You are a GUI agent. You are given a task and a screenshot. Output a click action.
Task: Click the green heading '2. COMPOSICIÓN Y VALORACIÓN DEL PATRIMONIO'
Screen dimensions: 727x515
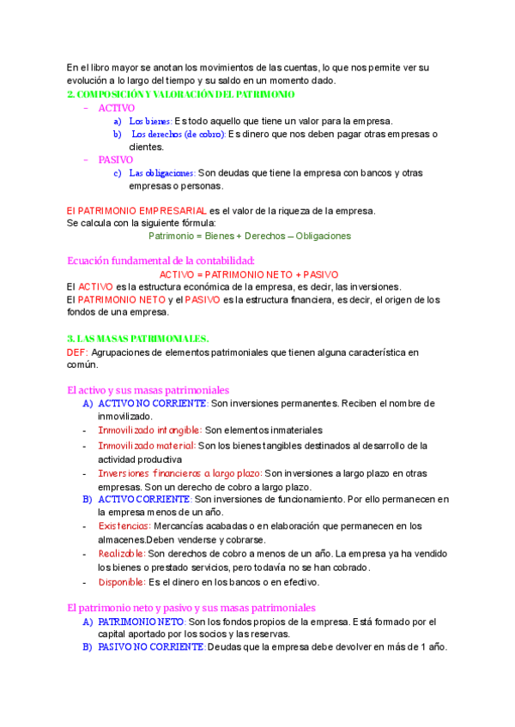tap(180, 94)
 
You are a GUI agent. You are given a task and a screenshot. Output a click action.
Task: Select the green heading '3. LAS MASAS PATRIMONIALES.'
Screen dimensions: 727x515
tap(137, 339)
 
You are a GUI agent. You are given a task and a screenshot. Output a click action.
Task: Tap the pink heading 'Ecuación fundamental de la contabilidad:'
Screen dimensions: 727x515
tap(161, 261)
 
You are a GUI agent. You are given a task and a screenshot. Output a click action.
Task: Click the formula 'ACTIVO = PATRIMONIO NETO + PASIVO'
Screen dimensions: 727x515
tap(249, 273)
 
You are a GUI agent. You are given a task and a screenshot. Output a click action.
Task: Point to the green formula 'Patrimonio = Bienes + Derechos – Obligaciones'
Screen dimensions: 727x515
tap(249, 236)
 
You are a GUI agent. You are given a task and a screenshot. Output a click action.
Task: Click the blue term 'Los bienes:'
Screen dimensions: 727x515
tap(150, 121)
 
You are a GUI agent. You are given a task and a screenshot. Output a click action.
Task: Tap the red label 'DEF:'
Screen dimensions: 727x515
tap(76, 351)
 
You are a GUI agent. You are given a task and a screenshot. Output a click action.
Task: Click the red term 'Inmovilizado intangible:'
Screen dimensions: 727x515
tap(150, 430)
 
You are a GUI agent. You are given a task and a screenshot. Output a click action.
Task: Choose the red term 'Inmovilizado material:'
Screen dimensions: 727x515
tap(147, 446)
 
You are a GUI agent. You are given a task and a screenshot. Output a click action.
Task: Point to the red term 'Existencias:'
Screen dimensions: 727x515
tap(124, 526)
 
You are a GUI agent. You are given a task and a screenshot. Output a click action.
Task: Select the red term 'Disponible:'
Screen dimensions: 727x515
tap(121, 582)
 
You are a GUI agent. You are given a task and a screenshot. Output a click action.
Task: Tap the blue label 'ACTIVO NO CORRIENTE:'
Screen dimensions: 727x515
tap(153, 403)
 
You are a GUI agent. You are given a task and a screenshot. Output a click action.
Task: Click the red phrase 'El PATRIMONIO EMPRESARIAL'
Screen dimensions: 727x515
tap(136, 210)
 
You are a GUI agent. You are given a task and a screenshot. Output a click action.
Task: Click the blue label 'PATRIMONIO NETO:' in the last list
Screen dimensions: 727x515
tap(142, 622)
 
